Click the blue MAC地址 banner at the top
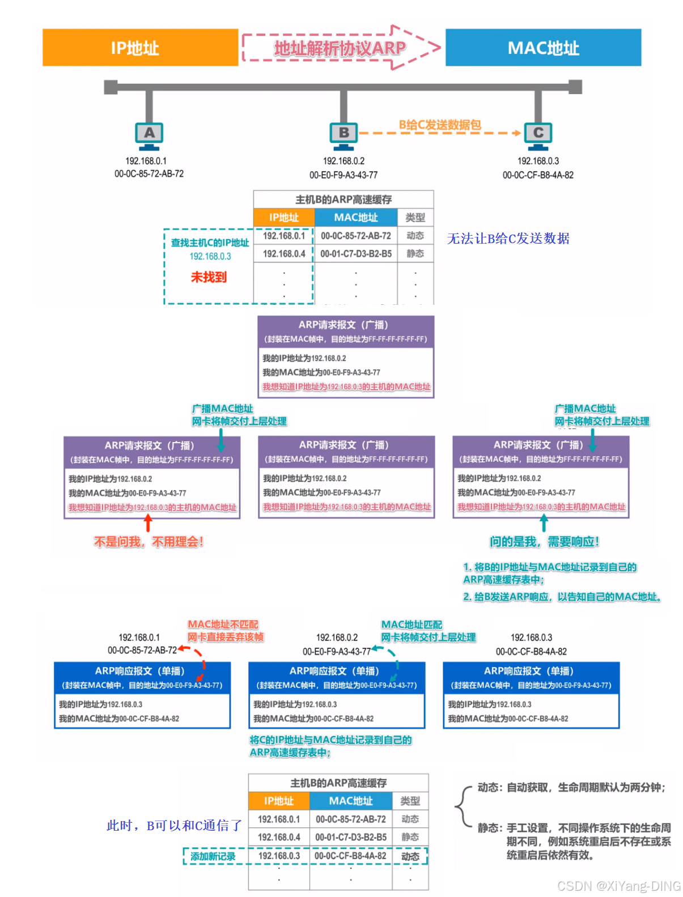543,48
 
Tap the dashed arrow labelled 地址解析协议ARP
341,48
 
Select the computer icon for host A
149,135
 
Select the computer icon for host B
343,135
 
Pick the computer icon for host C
538,135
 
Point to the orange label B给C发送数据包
440,125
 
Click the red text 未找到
209,277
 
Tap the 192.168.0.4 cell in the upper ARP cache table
284,254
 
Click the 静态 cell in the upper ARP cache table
415,254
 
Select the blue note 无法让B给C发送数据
508,239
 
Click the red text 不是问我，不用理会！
149,542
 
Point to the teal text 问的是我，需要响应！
544,542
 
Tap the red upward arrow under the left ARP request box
149,522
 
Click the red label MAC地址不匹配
223,624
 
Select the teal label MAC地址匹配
412,624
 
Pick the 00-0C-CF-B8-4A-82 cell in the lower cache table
350,856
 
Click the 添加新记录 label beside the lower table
213,856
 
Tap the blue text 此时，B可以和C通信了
174,826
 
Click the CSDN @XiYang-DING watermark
618,886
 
